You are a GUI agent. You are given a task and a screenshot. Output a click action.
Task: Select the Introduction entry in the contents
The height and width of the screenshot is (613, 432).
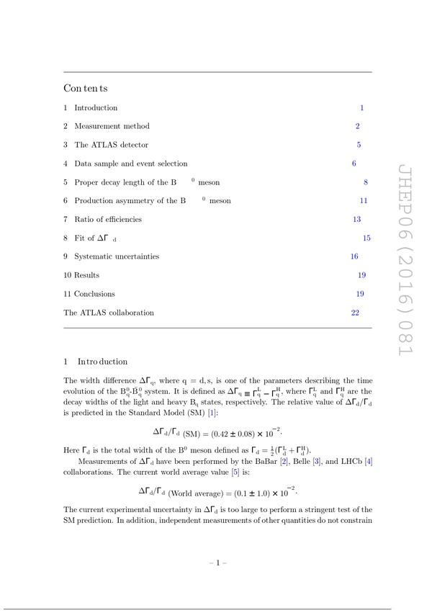click(x=96, y=108)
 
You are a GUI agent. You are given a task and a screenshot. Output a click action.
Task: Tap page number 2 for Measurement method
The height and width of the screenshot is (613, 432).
click(x=357, y=126)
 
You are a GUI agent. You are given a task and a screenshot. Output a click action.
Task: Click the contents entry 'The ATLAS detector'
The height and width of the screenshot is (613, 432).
click(x=111, y=145)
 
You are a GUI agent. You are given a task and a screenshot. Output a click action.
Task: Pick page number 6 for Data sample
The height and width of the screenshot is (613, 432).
click(x=354, y=164)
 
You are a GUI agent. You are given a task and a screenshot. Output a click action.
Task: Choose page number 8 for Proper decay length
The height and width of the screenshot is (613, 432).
click(x=366, y=182)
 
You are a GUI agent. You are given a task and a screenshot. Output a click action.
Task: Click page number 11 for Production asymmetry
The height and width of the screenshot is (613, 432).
click(x=364, y=201)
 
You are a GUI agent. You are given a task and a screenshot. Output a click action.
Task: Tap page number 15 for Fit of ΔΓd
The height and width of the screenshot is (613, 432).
click(x=366, y=238)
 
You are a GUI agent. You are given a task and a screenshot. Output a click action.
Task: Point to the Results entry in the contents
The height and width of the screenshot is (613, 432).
click(x=86, y=275)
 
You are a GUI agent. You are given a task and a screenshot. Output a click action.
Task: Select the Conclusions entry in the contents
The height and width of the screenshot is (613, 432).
click(x=94, y=294)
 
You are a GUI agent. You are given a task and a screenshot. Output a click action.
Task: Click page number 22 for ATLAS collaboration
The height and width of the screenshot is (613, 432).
click(x=355, y=313)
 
